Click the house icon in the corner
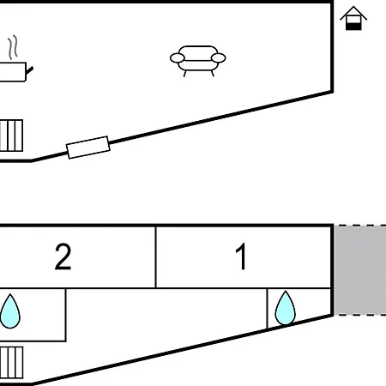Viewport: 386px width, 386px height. click(x=353, y=18)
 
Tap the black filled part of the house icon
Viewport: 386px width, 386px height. click(x=353, y=27)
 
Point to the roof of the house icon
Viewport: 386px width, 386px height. click(x=353, y=13)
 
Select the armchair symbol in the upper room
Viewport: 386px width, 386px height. click(x=198, y=61)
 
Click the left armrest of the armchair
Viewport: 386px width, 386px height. click(x=178, y=58)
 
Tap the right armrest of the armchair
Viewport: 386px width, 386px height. click(x=219, y=58)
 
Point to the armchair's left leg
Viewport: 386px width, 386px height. click(x=184, y=74)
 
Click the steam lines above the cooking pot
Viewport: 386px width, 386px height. click(x=13, y=47)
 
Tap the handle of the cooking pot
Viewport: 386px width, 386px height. click(x=29, y=70)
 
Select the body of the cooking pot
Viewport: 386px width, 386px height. click(x=13, y=72)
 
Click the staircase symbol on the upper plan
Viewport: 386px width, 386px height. click(x=11, y=136)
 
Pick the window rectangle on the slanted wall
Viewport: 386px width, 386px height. click(x=88, y=148)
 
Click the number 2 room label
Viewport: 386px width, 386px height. click(x=63, y=256)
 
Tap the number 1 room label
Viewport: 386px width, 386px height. click(x=241, y=256)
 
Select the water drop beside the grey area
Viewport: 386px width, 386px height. click(x=285, y=308)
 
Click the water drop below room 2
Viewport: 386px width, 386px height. click(x=10, y=311)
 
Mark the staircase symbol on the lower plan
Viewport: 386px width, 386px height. click(x=11, y=363)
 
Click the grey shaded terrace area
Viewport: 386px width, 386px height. click(x=360, y=270)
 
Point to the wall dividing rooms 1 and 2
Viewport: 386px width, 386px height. click(x=156, y=257)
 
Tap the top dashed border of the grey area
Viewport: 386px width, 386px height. click(x=360, y=226)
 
